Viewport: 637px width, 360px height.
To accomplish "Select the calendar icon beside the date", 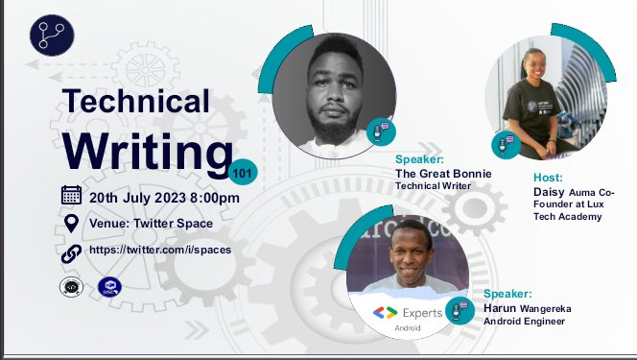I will click(71, 196).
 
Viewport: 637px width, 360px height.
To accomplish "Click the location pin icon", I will click(71, 224).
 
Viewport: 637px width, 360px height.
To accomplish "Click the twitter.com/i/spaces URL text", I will click(159, 250).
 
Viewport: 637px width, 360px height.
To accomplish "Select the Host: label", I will click(549, 178).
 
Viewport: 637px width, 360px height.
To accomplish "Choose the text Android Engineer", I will click(525, 322).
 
